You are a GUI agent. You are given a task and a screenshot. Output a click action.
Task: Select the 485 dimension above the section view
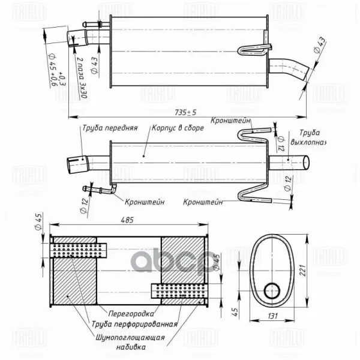click(x=127, y=221)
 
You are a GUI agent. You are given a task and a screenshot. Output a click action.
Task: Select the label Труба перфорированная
click(x=134, y=324)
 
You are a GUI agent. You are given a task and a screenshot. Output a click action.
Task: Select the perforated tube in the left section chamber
click(x=77, y=247)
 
